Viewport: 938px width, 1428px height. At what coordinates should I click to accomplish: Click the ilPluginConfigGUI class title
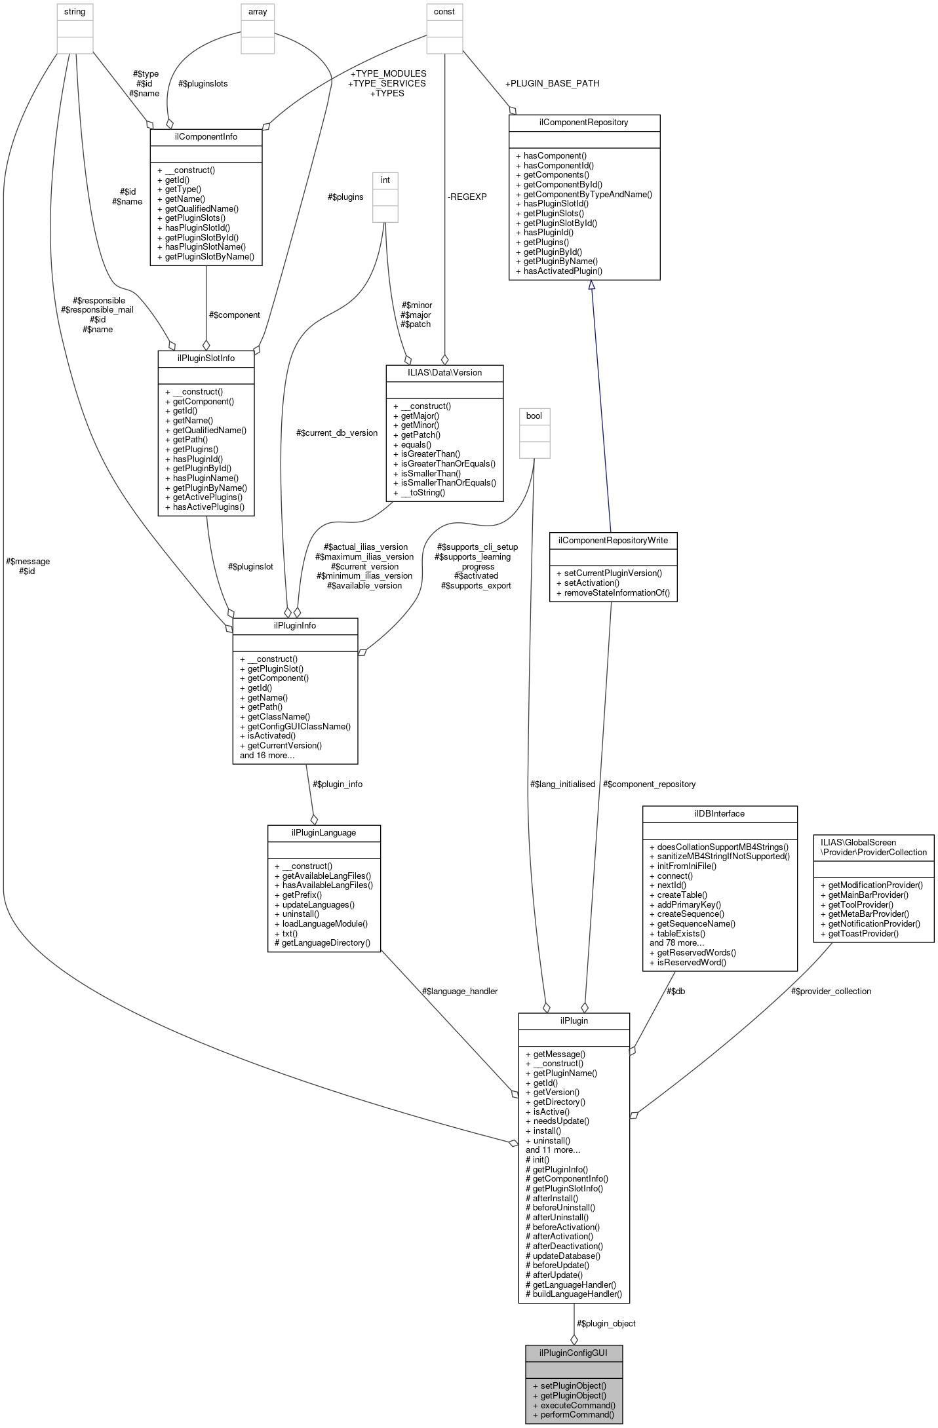[573, 1353]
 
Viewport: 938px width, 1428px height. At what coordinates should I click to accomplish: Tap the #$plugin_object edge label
[606, 1323]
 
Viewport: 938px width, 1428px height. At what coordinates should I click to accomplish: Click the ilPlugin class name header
[574, 1020]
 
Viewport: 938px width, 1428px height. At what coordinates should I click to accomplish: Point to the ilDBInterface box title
[719, 813]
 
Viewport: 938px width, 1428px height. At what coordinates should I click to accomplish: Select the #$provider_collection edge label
[831, 991]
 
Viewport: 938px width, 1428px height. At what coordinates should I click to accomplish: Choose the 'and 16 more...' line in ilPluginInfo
[267, 755]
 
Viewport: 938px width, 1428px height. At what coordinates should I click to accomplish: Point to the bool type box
[534, 415]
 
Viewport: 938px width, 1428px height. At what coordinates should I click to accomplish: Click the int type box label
[385, 180]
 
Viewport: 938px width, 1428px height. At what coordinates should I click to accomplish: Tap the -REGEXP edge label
[467, 197]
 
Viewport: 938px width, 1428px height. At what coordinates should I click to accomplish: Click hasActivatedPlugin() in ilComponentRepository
[562, 271]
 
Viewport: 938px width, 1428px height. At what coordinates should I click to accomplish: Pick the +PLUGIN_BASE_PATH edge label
[552, 83]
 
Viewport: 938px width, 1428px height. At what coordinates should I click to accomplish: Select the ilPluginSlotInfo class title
[206, 358]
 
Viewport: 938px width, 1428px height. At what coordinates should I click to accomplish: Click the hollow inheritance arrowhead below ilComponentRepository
[591, 285]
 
